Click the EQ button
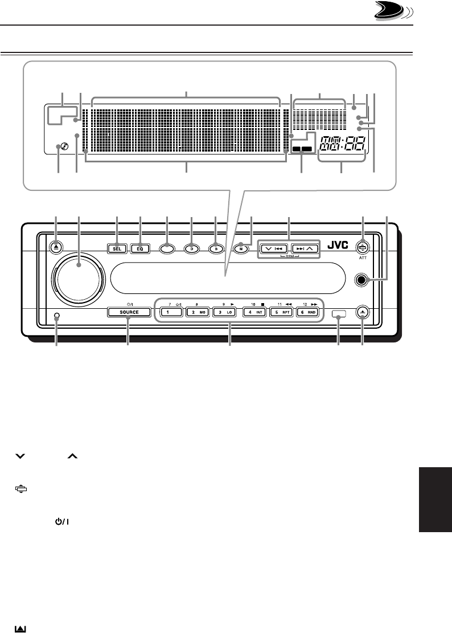pos(139,248)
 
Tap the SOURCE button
pos(128,312)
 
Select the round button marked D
pos(192,248)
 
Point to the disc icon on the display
pos(58,148)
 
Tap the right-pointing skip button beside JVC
pos(304,248)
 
